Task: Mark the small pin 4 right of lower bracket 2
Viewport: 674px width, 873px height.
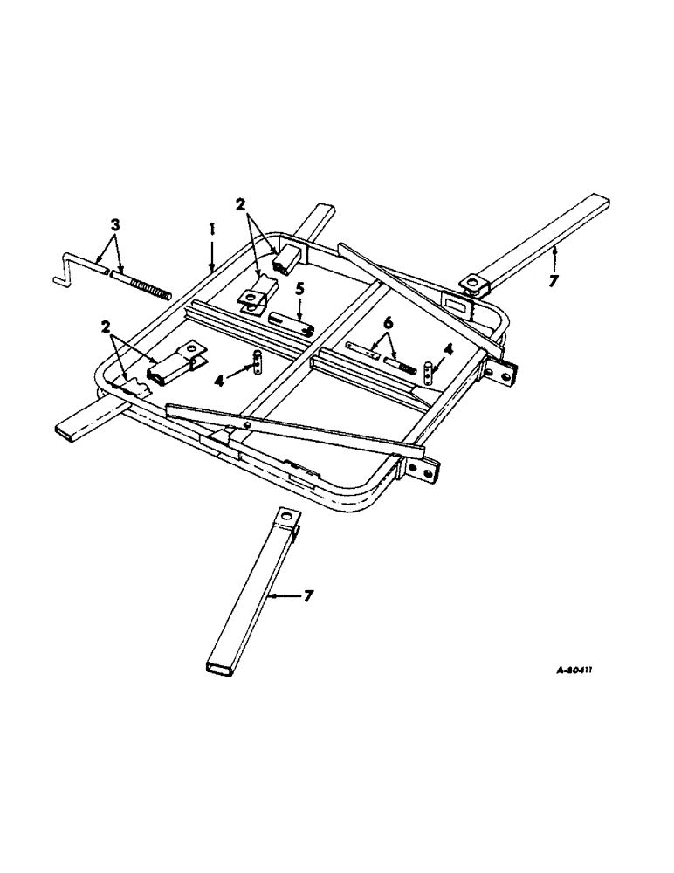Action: click(x=258, y=361)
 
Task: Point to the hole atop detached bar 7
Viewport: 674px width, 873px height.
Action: click(x=285, y=518)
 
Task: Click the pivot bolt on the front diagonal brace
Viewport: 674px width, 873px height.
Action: click(x=247, y=425)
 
